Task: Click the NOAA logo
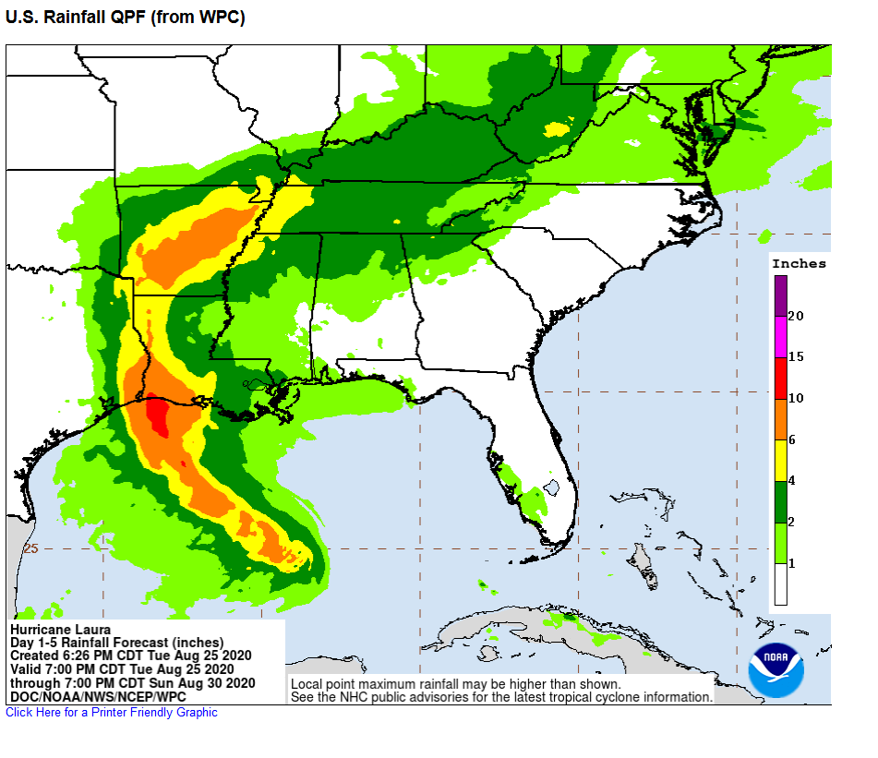[776, 669]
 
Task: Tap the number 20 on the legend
[796, 316]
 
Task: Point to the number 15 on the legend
[796, 356]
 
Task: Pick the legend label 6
[792, 439]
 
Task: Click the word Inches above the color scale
[799, 263]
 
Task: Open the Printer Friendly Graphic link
[112, 712]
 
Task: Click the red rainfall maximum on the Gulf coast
[159, 415]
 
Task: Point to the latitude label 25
[30, 548]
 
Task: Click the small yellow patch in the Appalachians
[556, 129]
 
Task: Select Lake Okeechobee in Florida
[552, 487]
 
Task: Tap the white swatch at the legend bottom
[780, 584]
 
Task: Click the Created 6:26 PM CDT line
[130, 656]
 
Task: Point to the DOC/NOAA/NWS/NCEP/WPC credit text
[98, 695]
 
